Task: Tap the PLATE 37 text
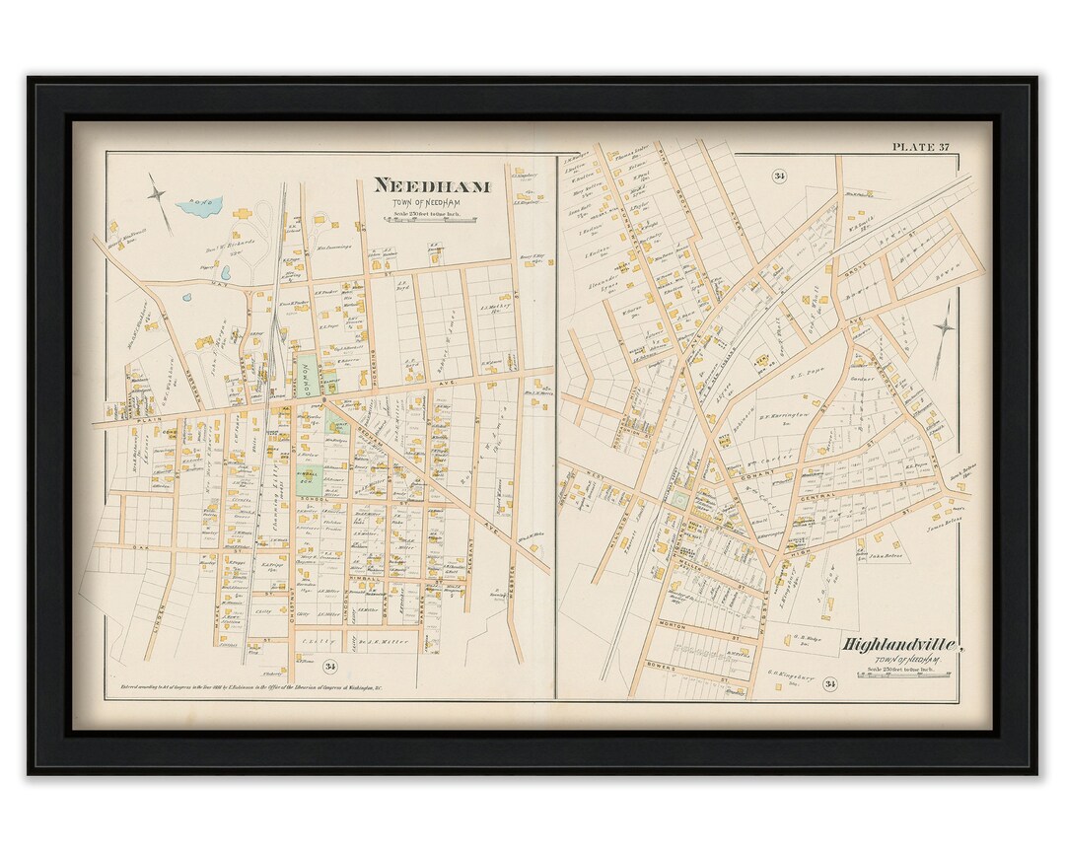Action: [x=921, y=147]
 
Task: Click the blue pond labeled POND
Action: [x=200, y=206]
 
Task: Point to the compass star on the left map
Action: [x=159, y=193]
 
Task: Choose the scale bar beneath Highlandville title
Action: [x=902, y=675]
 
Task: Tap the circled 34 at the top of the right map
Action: [x=779, y=176]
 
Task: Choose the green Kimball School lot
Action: [x=310, y=482]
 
